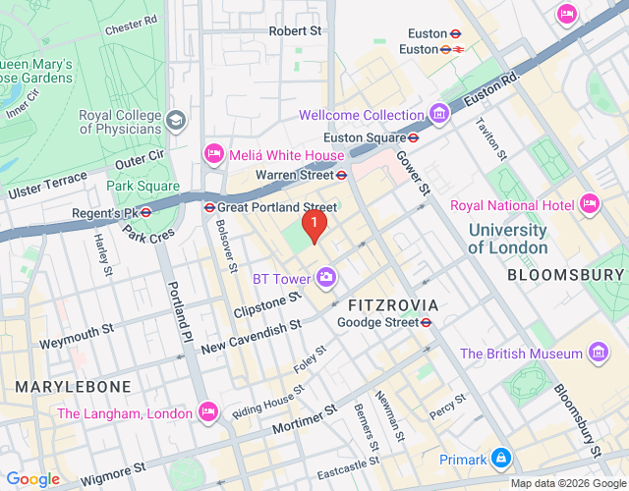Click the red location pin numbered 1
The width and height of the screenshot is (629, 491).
(314, 226)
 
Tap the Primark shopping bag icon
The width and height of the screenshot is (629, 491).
(502, 459)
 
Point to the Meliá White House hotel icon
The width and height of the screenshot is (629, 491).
(213, 154)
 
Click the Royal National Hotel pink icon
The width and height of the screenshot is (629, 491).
(590, 204)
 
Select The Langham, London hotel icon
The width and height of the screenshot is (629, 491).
(207, 412)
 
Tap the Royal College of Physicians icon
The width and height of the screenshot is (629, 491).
(176, 121)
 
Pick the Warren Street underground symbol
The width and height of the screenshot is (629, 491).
(341, 175)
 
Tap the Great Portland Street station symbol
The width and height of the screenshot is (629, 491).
(209, 207)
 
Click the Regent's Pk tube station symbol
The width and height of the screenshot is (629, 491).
(144, 212)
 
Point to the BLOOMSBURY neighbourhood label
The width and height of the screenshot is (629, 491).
(566, 275)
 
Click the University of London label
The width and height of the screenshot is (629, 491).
(507, 239)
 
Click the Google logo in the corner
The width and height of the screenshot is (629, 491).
(32, 478)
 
